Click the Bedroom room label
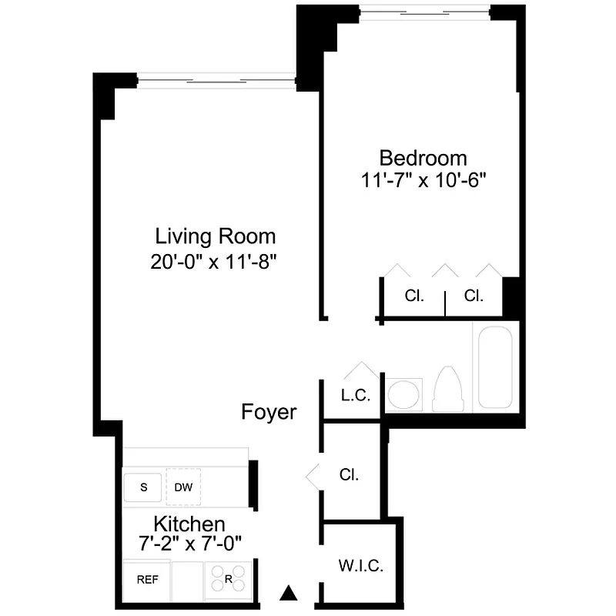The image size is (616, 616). point(423,158)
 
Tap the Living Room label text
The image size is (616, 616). point(215,236)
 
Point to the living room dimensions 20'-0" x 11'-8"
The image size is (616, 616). point(215,260)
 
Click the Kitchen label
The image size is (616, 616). point(189,524)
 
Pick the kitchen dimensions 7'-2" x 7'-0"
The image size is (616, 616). point(189,543)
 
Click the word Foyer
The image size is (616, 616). point(269,412)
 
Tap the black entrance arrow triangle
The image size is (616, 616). point(288,592)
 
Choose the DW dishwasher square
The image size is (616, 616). point(183,487)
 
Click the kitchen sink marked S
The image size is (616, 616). point(143,487)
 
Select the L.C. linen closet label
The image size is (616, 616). point(356,396)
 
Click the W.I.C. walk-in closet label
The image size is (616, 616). point(360,567)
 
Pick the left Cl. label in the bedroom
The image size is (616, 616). point(414,296)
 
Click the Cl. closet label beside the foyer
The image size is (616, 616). point(349,475)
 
